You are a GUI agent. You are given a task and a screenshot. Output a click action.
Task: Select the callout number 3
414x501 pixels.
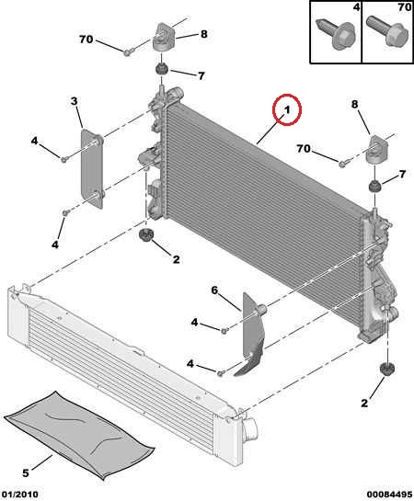[74, 101]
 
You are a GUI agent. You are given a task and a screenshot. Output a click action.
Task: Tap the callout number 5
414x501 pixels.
[26, 473]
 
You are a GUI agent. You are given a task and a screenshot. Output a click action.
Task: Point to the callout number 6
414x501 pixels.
[214, 290]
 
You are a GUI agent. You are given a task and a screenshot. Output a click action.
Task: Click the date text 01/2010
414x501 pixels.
[19, 495]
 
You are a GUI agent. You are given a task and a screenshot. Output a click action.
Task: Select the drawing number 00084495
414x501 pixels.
[389, 495]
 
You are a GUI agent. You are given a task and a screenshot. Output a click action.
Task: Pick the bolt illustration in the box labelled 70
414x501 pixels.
[388, 31]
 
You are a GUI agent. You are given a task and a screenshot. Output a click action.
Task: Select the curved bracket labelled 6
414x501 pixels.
[253, 334]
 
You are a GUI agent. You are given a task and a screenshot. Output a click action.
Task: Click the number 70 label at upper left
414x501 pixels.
[86, 40]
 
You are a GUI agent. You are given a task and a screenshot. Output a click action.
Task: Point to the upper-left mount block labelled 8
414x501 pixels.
[163, 36]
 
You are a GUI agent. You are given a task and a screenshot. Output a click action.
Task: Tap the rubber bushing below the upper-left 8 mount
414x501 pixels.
[161, 69]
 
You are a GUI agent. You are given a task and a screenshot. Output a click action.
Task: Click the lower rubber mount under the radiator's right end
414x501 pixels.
[386, 370]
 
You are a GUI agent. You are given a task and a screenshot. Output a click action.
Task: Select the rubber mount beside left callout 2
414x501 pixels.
[146, 235]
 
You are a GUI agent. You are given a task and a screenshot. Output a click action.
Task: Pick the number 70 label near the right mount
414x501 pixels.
[304, 149]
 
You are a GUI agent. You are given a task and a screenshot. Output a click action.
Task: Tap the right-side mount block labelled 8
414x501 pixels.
[378, 150]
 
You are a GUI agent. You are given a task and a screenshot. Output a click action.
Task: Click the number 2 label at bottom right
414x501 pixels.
[364, 404]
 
